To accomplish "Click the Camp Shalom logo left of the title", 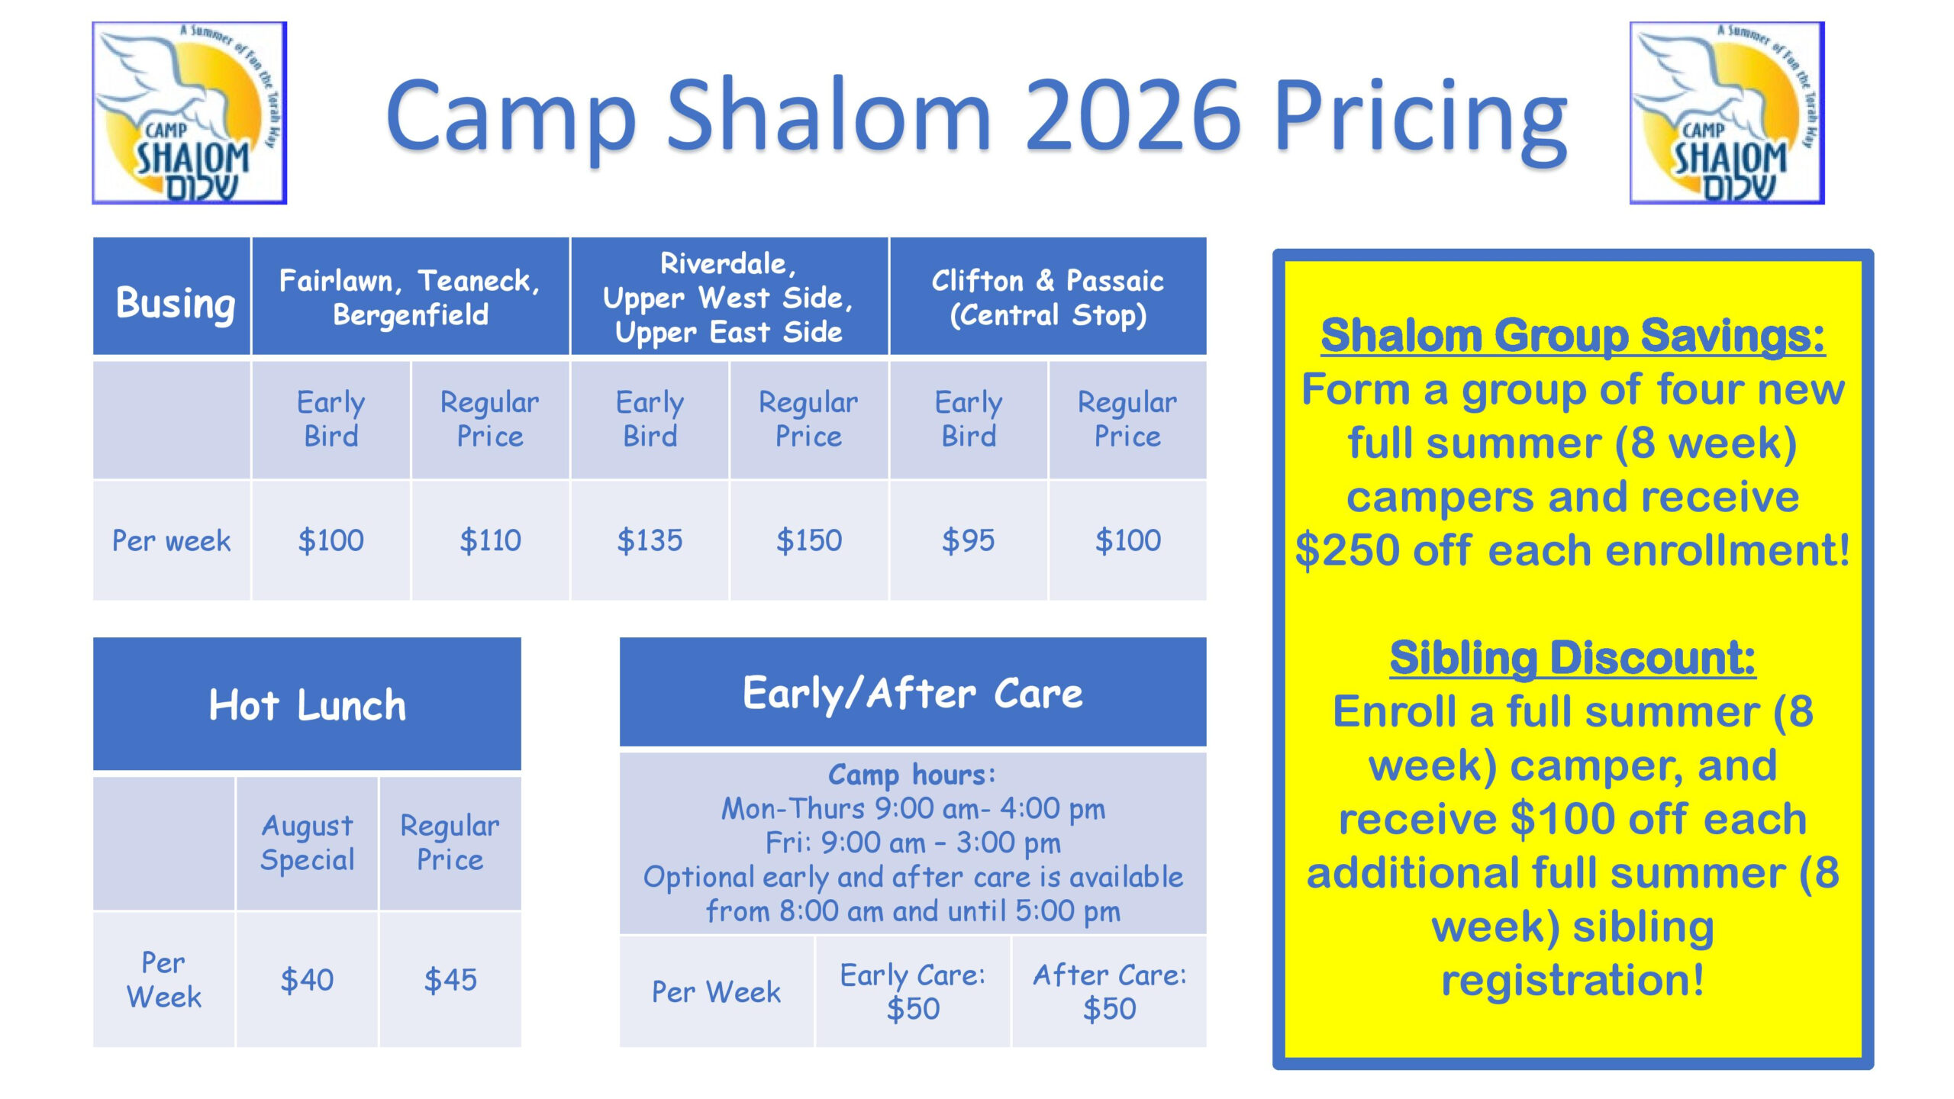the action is click(x=189, y=113).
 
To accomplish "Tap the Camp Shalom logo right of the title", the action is click(x=1727, y=113).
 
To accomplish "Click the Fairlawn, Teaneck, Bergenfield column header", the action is click(x=411, y=296).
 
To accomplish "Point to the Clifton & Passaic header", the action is click(x=1048, y=296).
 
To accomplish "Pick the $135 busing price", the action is click(x=650, y=540).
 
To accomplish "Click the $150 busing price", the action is click(x=809, y=540).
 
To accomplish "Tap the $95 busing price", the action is click(x=969, y=540).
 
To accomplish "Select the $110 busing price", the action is click(x=490, y=540).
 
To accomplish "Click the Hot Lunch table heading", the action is click(x=307, y=704).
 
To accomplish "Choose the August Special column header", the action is click(x=307, y=843).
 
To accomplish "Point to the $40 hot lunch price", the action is click(x=307, y=980).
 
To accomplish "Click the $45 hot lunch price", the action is click(x=450, y=980).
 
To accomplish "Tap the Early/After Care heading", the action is click(x=913, y=693).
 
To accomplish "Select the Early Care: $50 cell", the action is click(x=913, y=991).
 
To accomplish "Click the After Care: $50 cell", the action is click(x=1110, y=991).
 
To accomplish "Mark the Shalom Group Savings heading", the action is click(x=1572, y=336).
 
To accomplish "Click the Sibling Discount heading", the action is click(x=1572, y=658).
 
